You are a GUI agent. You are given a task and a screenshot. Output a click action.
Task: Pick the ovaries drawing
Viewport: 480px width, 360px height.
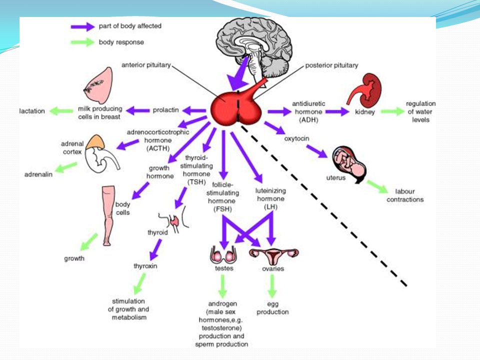pos(273,256)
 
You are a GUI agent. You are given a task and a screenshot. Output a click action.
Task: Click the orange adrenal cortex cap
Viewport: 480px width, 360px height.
pos(95,141)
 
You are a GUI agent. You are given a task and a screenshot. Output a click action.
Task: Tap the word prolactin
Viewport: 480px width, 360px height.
pos(165,110)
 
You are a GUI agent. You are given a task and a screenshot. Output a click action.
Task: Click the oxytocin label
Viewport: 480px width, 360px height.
pos(296,138)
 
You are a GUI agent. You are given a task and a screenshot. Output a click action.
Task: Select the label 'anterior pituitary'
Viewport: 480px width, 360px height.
pos(146,65)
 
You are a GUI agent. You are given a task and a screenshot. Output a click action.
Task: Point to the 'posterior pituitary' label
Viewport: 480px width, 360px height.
pos(331,65)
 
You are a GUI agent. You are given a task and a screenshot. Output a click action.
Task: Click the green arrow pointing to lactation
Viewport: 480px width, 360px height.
pos(61,111)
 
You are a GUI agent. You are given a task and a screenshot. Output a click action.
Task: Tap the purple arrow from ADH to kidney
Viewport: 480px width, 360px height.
pos(337,111)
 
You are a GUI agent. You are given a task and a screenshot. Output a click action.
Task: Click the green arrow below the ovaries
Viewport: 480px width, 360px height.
pos(272,286)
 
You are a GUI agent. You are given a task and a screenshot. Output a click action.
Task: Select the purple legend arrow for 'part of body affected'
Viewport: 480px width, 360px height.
pos(82,26)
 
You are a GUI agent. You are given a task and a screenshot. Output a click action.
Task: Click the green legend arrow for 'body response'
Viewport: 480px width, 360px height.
pos(82,42)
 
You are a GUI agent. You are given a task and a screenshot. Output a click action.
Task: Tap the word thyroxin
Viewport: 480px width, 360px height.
pos(145,266)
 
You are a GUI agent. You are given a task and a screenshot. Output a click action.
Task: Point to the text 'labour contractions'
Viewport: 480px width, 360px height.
pos(405,195)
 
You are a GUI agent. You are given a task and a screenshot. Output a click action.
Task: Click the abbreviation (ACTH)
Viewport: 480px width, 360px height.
pos(158,148)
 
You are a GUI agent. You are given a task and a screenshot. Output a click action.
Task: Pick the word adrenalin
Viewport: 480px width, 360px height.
pos(38,174)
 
